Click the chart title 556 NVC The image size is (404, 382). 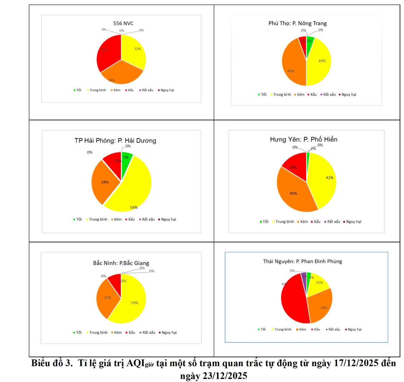pyautogui.click(x=123, y=23)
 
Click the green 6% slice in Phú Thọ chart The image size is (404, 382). pyautogui.click(x=310, y=41)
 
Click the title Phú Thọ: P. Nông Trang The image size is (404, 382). pyautogui.click(x=297, y=23)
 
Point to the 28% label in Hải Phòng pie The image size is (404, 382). pyautogui.click(x=105, y=182)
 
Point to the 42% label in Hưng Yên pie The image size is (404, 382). pyautogui.click(x=330, y=178)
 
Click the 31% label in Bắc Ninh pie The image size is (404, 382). pyautogui.click(x=107, y=298)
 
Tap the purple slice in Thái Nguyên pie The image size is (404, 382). pyautogui.click(x=304, y=279)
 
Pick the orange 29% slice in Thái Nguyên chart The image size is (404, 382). pyautogui.click(x=320, y=306)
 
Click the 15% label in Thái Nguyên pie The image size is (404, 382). pyautogui.click(x=319, y=283)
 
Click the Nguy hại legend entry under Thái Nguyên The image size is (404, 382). pyautogui.click(x=354, y=329)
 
